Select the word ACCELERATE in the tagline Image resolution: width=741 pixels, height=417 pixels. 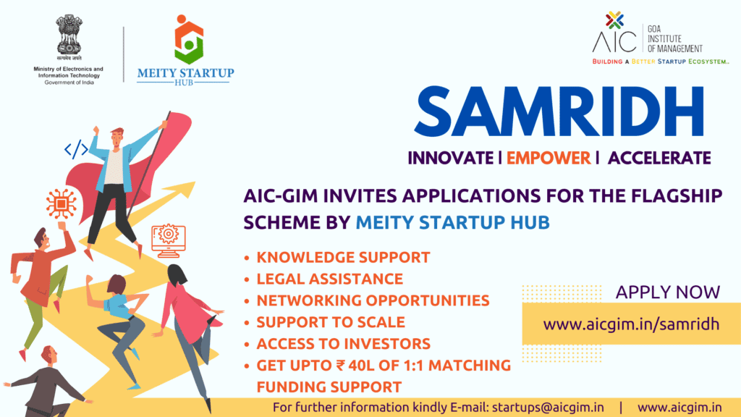coord(659,157)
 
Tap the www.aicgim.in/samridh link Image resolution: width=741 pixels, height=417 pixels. coord(631,324)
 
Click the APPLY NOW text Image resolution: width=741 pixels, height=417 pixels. coord(668,292)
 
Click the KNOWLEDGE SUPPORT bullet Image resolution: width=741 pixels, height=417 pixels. coord(343,257)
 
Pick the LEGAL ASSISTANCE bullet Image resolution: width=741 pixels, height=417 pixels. coord(329,279)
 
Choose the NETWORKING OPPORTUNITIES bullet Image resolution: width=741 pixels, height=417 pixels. coord(373,300)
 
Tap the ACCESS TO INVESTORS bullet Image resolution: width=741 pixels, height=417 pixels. coord(344,343)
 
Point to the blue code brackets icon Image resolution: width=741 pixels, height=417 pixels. coord(76,150)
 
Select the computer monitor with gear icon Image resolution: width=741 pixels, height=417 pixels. coord(168,239)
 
